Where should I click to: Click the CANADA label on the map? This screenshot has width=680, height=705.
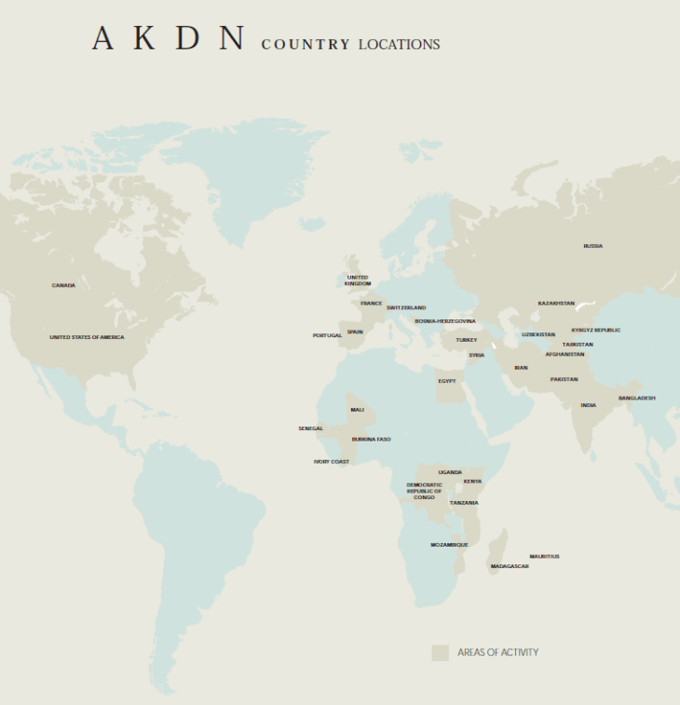[x=63, y=286]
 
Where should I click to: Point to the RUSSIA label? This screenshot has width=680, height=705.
[x=593, y=246]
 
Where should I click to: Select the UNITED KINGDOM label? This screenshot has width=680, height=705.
[x=358, y=280]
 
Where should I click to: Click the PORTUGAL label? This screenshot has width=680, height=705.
[x=327, y=335]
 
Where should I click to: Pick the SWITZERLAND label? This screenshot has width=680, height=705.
[x=406, y=307]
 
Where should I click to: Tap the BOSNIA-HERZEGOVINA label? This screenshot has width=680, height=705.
[x=445, y=321]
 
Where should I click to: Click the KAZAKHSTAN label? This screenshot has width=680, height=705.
[x=556, y=304]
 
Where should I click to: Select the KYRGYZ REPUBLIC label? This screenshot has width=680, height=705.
[x=596, y=330]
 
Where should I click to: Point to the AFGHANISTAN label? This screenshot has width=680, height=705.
[x=565, y=354]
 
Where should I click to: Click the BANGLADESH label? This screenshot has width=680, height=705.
[x=637, y=398]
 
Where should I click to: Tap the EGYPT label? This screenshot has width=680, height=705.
[x=447, y=381]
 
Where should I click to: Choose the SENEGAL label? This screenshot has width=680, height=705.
[x=311, y=428]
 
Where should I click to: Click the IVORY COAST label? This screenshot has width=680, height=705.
[x=332, y=461]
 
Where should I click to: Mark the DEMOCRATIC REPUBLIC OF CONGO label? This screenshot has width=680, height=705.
[x=425, y=491]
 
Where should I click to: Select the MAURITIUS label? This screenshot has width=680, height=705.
[x=544, y=557]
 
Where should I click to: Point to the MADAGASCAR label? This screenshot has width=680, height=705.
[x=510, y=566]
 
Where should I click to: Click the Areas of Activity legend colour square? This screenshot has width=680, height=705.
[x=440, y=653]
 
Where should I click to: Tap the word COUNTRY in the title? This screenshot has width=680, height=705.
[x=306, y=45]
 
